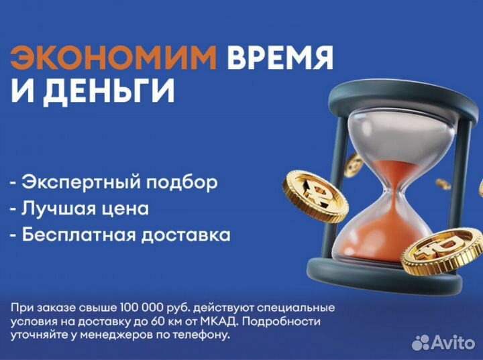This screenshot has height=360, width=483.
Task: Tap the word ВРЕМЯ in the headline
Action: pos(280,59)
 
